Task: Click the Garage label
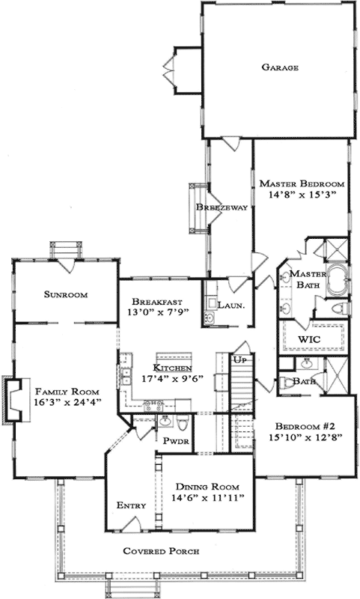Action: (280, 67)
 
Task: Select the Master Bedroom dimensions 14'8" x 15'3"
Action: (300, 195)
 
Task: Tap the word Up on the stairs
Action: (242, 361)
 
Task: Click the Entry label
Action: (131, 506)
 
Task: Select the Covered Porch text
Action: (162, 552)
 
